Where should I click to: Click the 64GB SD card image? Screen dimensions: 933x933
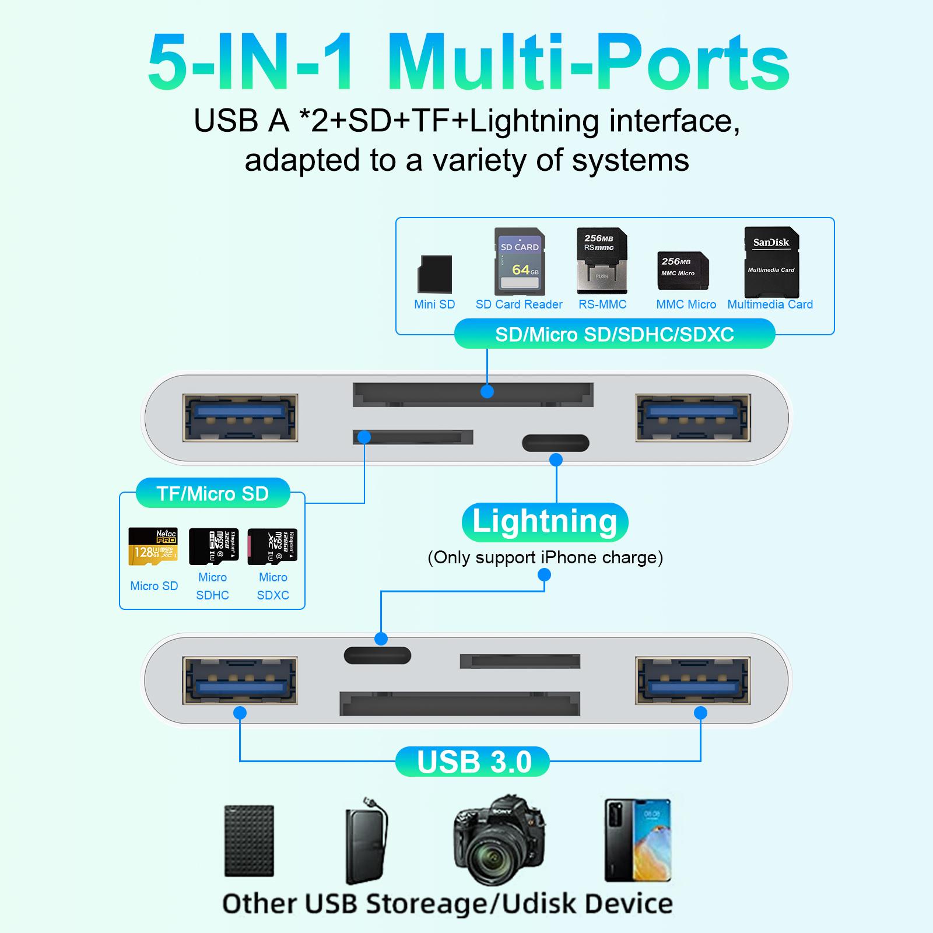[520, 261]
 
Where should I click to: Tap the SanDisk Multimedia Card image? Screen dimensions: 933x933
[771, 262]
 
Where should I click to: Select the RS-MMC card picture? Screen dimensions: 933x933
[602, 261]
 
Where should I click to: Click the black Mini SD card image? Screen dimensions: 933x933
[434, 273]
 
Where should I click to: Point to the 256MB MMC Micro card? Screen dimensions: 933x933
[683, 271]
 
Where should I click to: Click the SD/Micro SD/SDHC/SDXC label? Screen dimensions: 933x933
[614, 335]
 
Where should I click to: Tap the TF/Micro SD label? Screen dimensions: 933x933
[212, 494]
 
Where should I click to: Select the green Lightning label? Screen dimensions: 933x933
[545, 522]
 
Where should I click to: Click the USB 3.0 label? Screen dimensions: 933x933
[473, 762]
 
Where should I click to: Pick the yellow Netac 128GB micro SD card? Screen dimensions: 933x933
[153, 546]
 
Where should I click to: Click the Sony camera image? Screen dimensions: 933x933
[500, 840]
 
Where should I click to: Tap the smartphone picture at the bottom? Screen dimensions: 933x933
[637, 839]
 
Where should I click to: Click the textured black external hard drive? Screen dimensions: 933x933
[249, 840]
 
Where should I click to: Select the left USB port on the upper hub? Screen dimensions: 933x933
[240, 418]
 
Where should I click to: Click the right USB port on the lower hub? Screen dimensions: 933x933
[693, 680]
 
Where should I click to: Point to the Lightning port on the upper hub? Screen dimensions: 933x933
[555, 443]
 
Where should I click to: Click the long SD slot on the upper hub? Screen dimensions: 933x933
[473, 395]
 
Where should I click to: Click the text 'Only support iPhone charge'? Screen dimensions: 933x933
[545, 557]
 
